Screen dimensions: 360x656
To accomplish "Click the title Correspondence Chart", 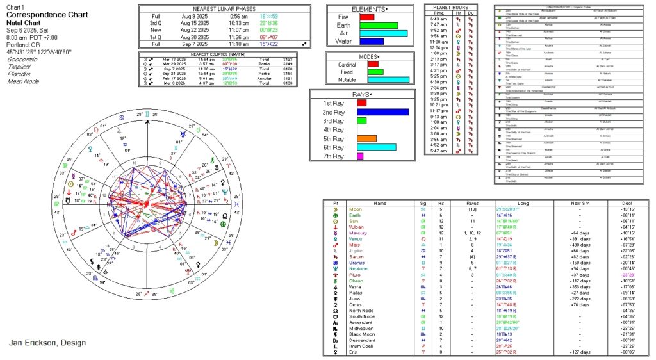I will (x=42, y=13).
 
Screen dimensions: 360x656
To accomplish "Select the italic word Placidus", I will (x=20, y=74).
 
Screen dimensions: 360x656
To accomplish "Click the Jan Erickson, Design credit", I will (x=47, y=343).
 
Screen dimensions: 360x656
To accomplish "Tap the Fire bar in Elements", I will (x=366, y=17).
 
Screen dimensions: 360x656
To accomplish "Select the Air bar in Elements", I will (x=383, y=33).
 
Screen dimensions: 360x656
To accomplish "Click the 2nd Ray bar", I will (x=382, y=111).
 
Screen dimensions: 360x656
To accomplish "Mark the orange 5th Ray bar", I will (x=366, y=138).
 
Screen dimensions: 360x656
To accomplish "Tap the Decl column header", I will (x=628, y=203).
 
